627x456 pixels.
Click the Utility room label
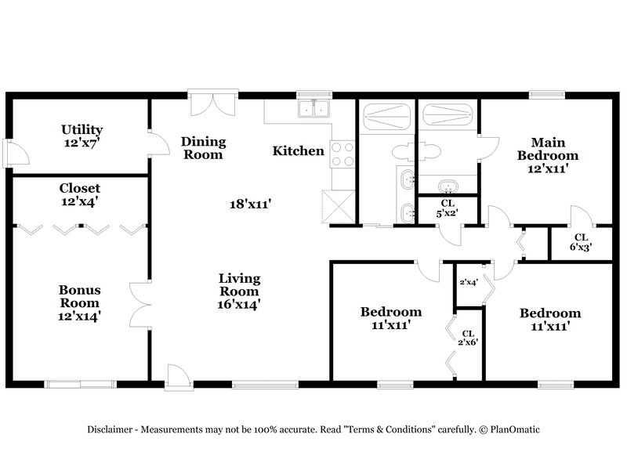(82, 136)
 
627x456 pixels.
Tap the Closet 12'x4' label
(80, 195)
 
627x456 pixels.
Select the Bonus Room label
(80, 302)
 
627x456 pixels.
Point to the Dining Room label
(203, 147)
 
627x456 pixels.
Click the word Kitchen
(298, 150)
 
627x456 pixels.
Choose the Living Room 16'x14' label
(239, 291)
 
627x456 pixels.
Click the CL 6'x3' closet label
(582, 241)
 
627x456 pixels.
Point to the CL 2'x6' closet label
(468, 338)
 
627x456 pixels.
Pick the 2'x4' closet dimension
(469, 282)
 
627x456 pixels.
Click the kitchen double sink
(314, 109)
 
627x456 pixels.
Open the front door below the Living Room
(178, 375)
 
